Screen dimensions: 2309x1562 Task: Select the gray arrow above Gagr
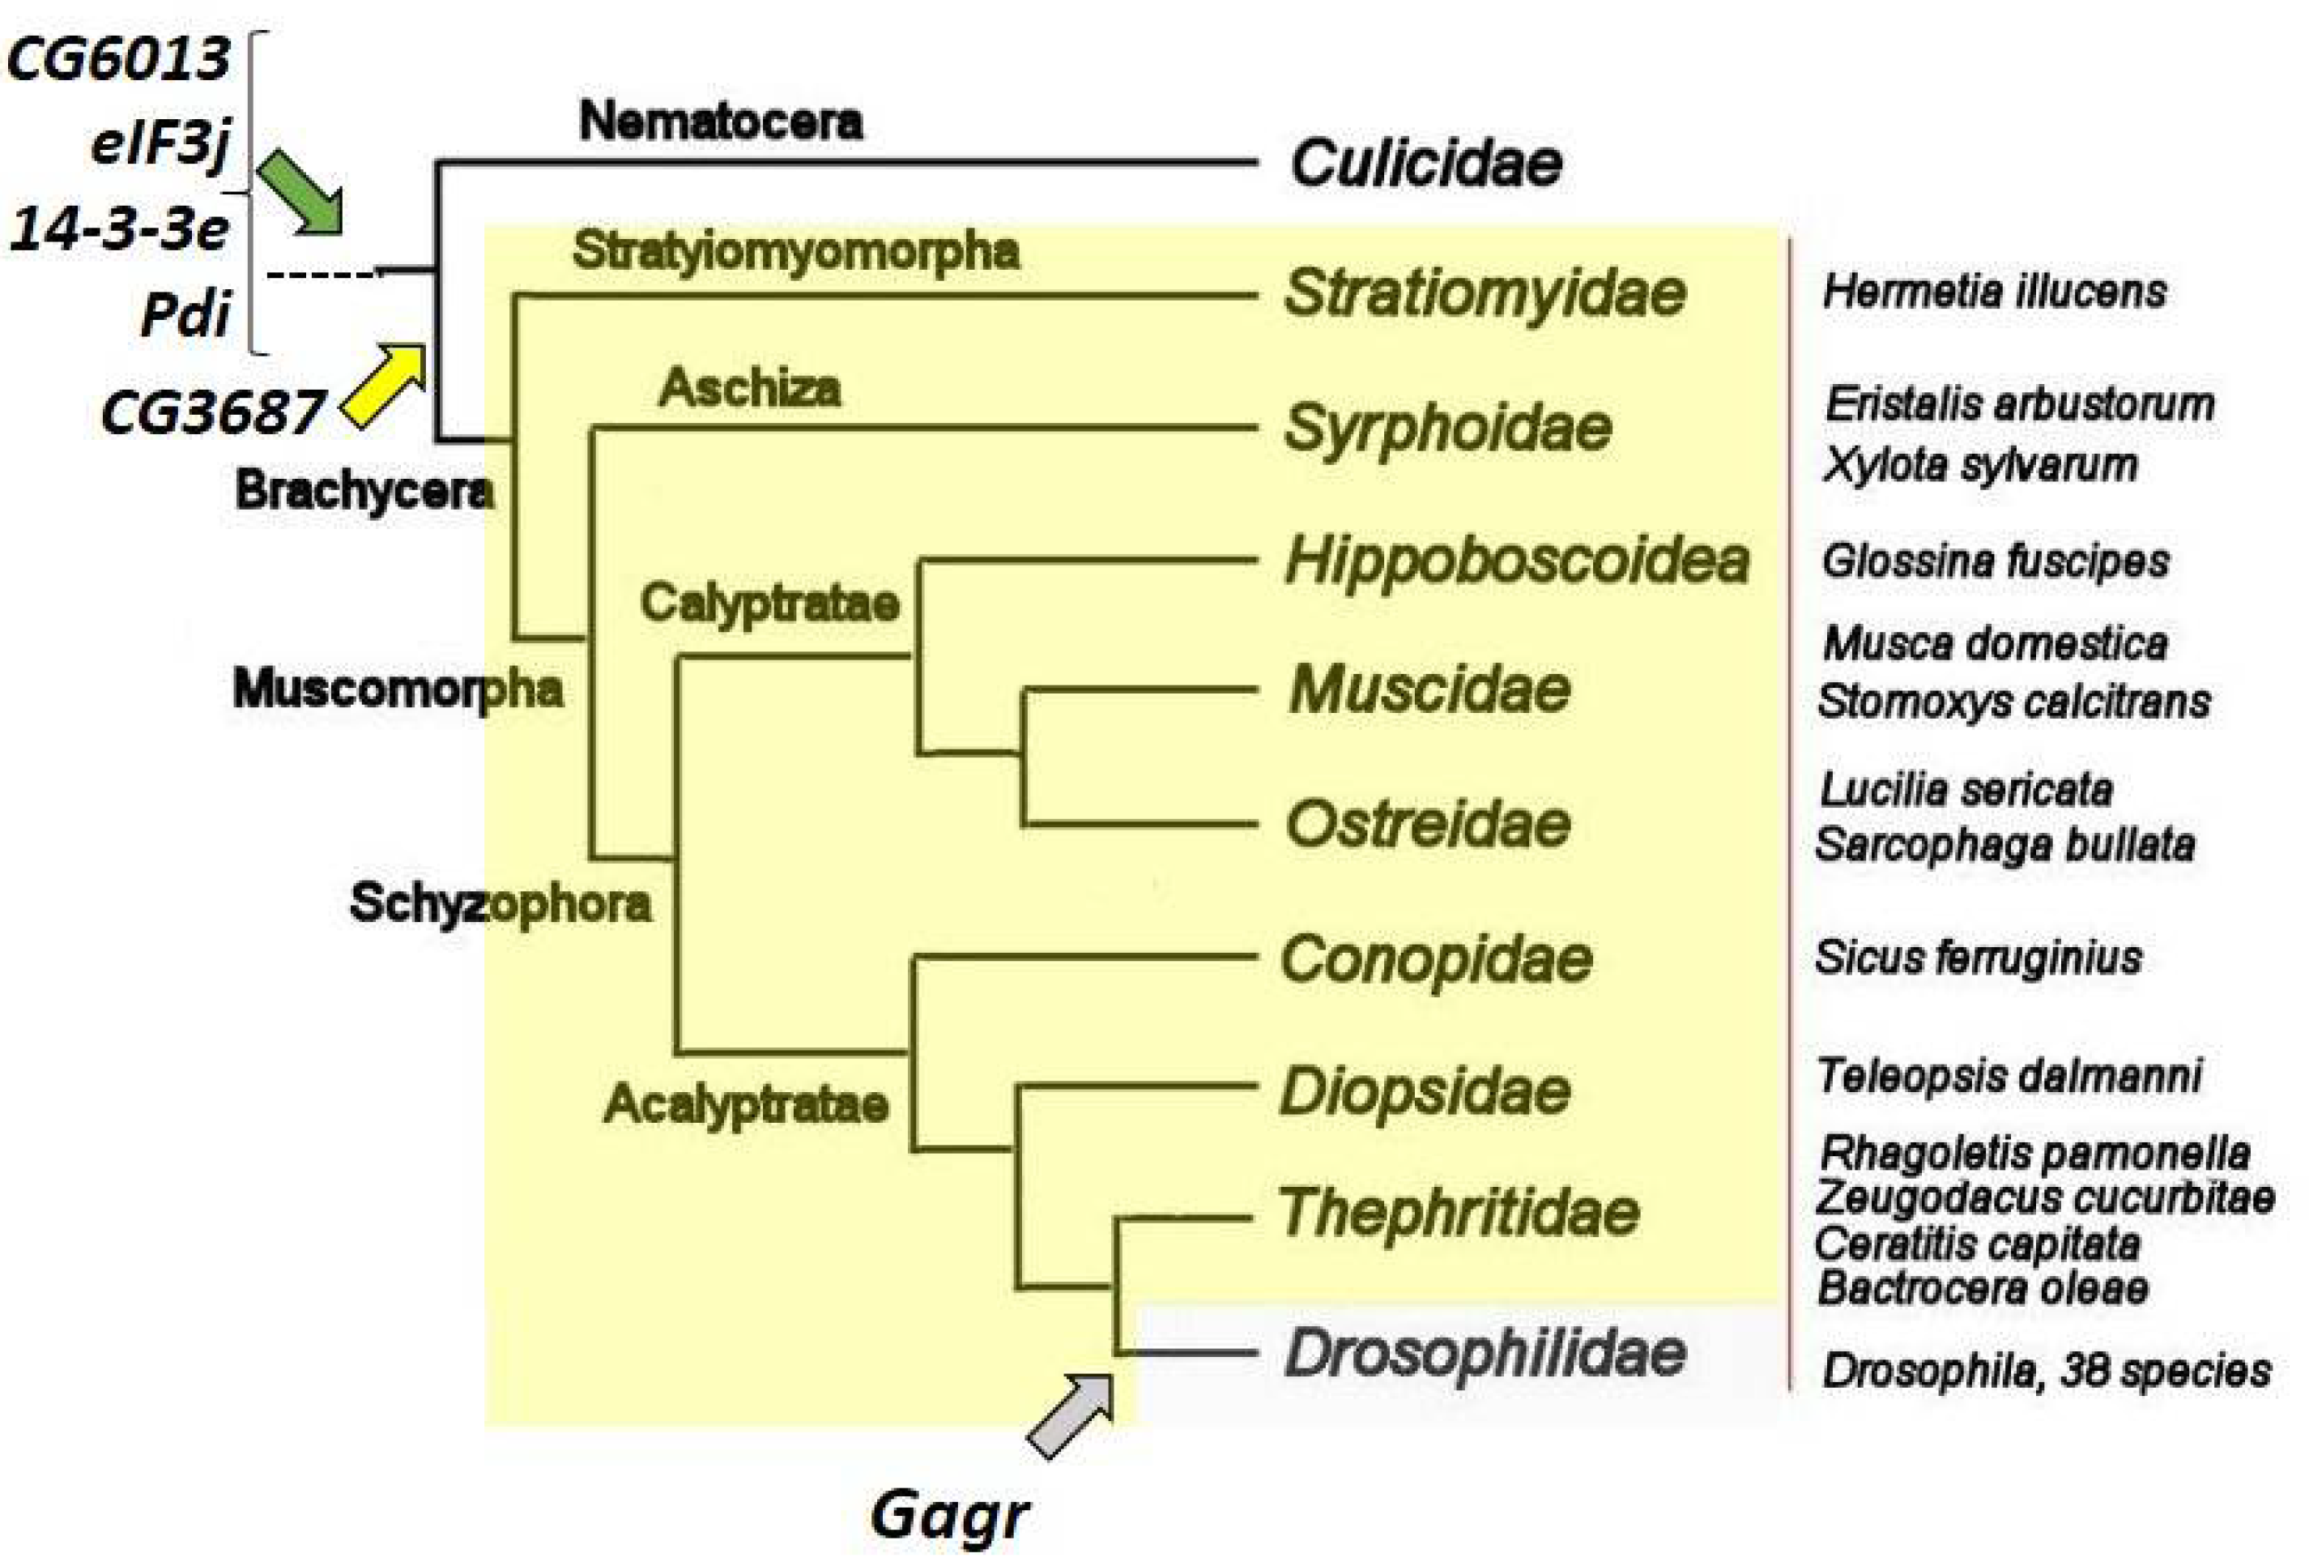tap(1071, 1415)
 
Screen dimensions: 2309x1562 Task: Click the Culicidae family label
tap(1425, 163)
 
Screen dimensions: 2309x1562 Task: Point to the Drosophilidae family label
tap(1485, 1353)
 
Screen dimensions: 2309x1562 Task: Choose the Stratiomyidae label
tap(1485, 293)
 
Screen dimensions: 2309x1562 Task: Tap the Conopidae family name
tap(1437, 960)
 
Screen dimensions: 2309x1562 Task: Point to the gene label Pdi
tap(185, 315)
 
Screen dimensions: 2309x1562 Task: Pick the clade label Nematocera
tap(720, 122)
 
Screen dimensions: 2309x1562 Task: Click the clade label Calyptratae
tap(770, 603)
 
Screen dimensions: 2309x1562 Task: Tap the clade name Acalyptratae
tap(746, 1104)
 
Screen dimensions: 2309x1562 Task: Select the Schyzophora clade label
tap(501, 904)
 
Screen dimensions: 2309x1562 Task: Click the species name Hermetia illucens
tap(1994, 292)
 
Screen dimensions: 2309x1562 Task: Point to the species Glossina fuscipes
tap(1995, 561)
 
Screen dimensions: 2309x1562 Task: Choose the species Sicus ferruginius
tap(1978, 958)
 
